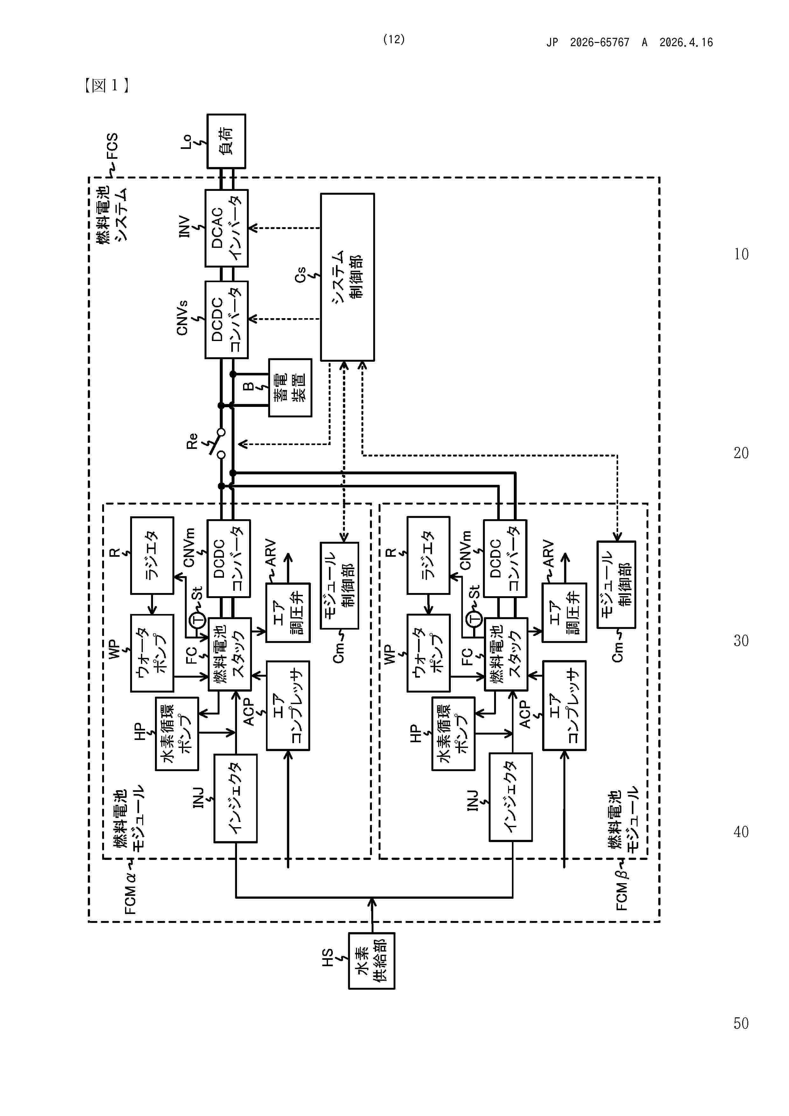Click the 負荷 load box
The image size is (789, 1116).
(226, 141)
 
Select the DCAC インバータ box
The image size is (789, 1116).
(226, 228)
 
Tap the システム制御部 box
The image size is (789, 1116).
(347, 277)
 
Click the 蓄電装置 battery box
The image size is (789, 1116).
(290, 387)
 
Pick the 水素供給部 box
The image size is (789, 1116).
(371, 960)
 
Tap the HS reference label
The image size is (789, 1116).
(328, 957)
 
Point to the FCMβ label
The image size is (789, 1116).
(622, 889)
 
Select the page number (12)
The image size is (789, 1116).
(394, 39)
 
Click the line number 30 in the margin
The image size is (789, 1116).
(741, 641)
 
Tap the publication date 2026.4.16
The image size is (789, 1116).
(686, 43)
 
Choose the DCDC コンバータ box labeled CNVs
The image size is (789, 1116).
(226, 319)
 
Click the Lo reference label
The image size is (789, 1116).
(186, 142)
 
